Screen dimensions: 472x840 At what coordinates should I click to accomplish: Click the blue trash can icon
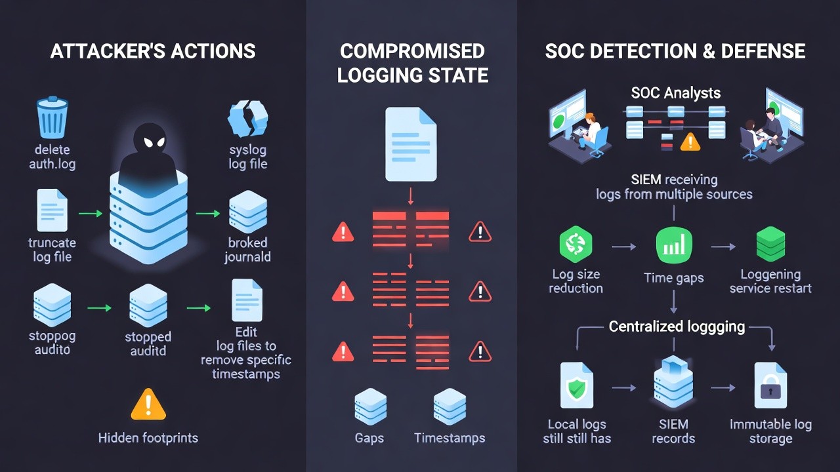pos(52,117)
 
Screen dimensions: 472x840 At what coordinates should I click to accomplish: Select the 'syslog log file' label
pos(247,157)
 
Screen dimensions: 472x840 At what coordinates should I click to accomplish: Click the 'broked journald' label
pos(247,250)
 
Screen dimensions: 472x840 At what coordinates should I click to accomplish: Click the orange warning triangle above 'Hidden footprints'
pos(148,404)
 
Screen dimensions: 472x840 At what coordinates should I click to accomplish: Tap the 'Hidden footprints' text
pos(148,437)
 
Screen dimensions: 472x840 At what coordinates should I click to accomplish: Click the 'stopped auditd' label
pos(148,344)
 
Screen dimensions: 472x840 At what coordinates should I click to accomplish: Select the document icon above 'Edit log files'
pos(247,300)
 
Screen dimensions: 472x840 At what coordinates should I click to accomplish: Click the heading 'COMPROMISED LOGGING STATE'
pos(412,63)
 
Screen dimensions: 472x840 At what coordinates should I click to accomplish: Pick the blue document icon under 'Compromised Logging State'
pos(411,144)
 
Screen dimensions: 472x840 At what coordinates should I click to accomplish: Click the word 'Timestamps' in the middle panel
pos(450,438)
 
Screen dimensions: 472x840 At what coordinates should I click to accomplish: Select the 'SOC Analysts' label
pos(675,93)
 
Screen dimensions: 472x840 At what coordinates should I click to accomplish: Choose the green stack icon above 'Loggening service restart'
pos(770,245)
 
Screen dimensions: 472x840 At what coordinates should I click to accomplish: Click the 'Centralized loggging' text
pos(677,326)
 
